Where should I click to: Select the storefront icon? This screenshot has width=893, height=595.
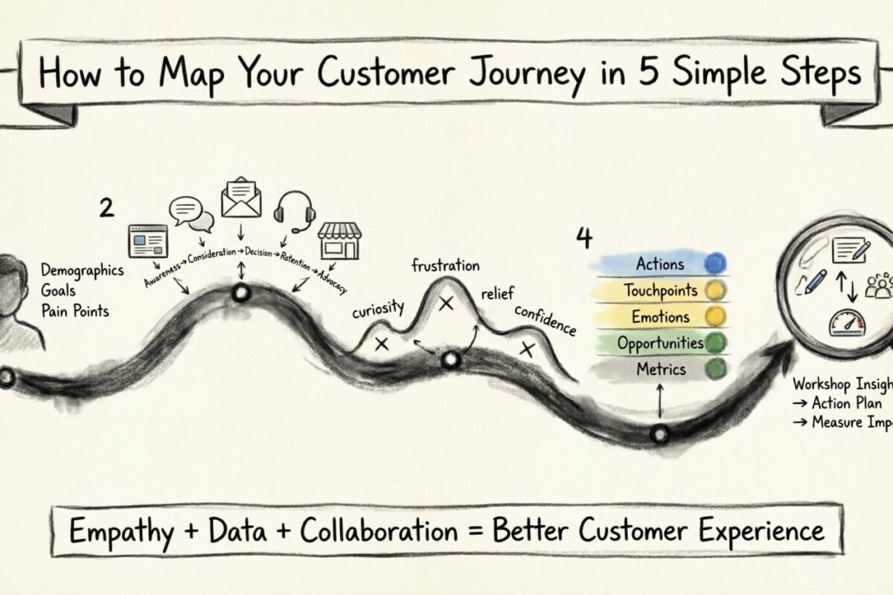pyautogui.click(x=338, y=239)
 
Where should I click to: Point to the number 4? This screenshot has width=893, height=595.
pyautogui.click(x=584, y=238)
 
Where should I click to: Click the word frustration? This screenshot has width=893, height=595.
pyautogui.click(x=445, y=266)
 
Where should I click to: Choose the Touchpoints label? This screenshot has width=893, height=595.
pyautogui.click(x=660, y=290)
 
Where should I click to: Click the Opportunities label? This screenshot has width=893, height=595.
pyautogui.click(x=659, y=343)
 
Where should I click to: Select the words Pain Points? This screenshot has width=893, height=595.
pyautogui.click(x=75, y=310)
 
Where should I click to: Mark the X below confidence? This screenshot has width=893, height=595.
pyautogui.click(x=528, y=350)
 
